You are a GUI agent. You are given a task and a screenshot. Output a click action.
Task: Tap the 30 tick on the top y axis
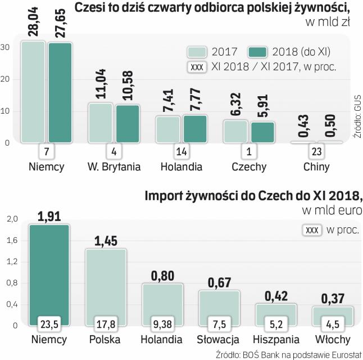tap(5, 47)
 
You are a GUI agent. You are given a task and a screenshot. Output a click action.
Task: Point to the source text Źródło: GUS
tap(357, 113)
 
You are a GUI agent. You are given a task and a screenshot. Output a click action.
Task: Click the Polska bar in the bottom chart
tap(105, 287)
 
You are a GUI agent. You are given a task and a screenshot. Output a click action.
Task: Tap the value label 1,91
tap(49, 215)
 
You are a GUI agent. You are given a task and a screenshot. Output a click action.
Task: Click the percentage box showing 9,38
tap(162, 323)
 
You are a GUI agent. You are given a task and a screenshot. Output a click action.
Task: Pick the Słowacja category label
tap(218, 340)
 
